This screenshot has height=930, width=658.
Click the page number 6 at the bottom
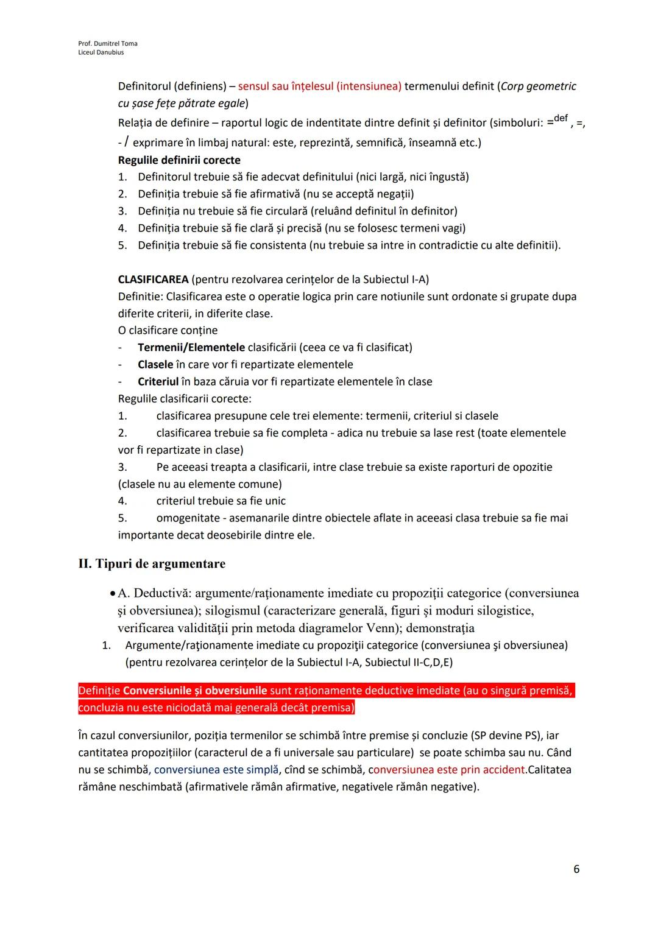[576, 869]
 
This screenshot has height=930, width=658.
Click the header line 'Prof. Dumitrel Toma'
[108, 43]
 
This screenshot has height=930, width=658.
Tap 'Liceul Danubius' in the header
[101, 52]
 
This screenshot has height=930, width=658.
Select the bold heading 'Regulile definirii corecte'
[179, 160]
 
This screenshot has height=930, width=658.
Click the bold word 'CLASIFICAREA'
[153, 280]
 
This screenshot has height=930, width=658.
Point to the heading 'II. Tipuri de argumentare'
[152, 563]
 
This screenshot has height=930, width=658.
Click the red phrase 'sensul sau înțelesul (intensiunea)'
[319, 86]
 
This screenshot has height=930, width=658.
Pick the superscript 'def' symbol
[561, 118]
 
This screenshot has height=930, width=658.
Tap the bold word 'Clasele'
[155, 364]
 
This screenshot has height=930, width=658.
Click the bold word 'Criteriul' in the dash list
[158, 381]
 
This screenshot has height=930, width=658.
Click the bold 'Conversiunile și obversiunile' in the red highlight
[195, 691]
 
